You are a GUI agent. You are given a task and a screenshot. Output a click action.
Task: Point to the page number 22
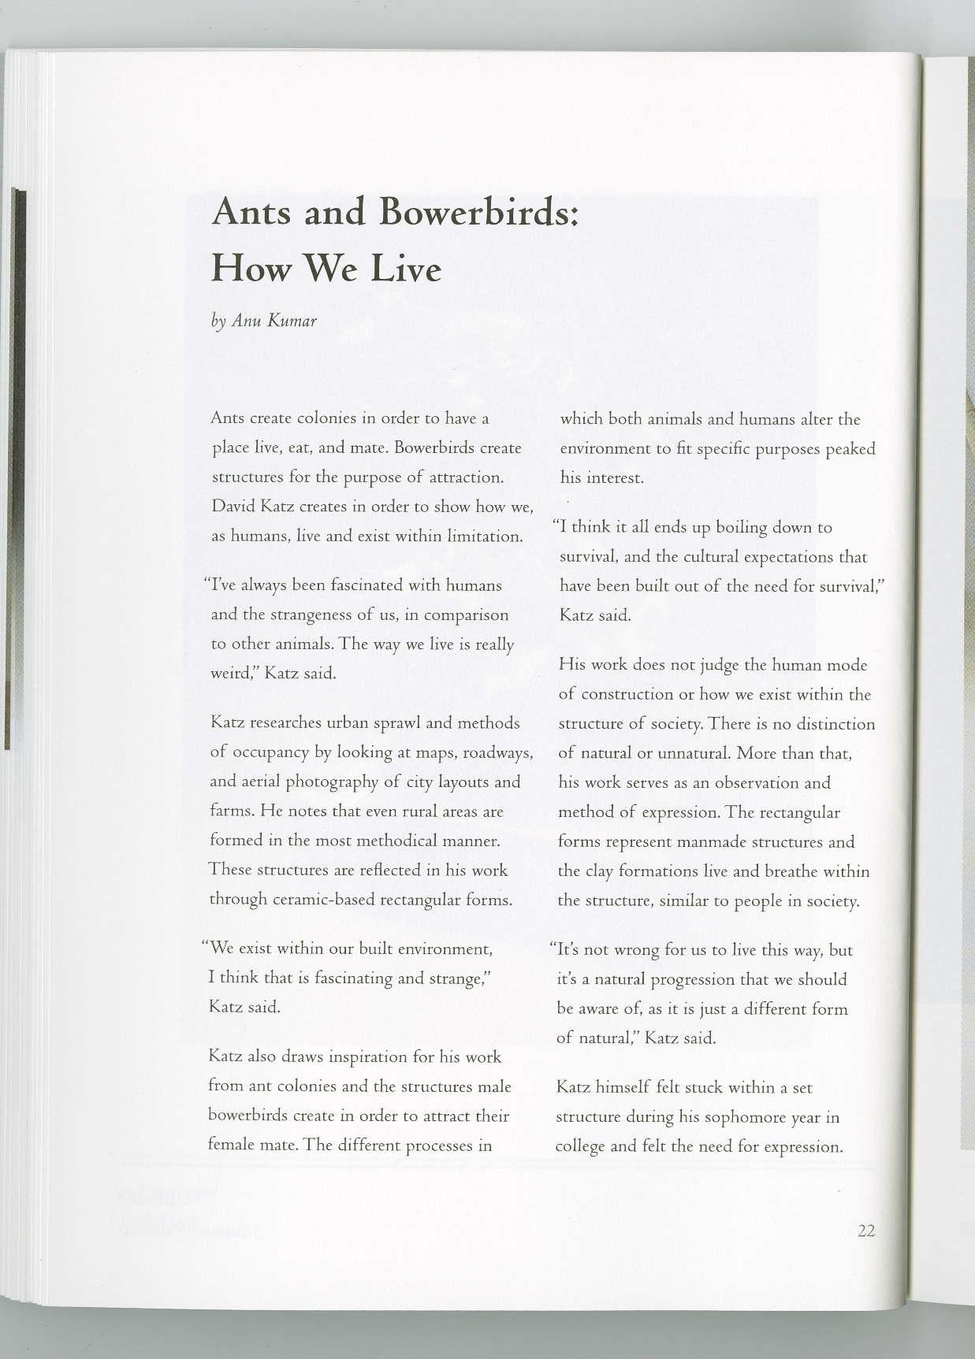click(x=866, y=1231)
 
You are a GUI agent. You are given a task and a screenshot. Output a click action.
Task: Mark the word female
click(x=229, y=1145)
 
